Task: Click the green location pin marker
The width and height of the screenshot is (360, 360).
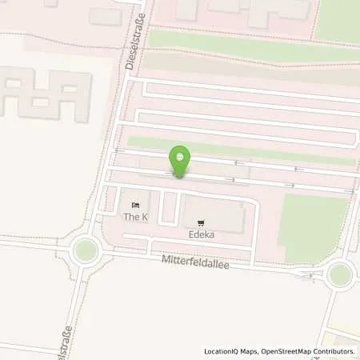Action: click(180, 159)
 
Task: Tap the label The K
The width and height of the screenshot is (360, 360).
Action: click(135, 218)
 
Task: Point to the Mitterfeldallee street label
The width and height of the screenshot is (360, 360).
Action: click(195, 262)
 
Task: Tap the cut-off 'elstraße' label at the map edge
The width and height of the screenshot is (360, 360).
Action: click(67, 342)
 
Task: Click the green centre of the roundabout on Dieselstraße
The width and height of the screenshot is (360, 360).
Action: click(84, 251)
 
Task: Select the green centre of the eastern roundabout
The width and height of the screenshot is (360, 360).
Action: click(340, 274)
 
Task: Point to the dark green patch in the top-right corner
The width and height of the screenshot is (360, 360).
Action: click(338, 20)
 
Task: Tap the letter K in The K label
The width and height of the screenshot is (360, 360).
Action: click(144, 218)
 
